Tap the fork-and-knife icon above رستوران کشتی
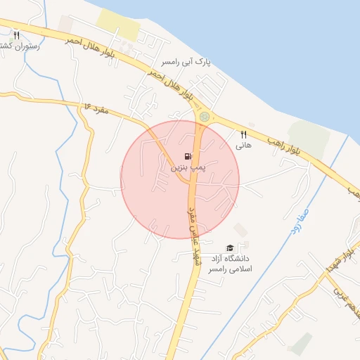(16, 34)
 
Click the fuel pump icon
(186, 157)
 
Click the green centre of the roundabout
(204, 116)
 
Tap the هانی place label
(243, 146)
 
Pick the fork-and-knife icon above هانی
(244, 134)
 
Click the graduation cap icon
(229, 247)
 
